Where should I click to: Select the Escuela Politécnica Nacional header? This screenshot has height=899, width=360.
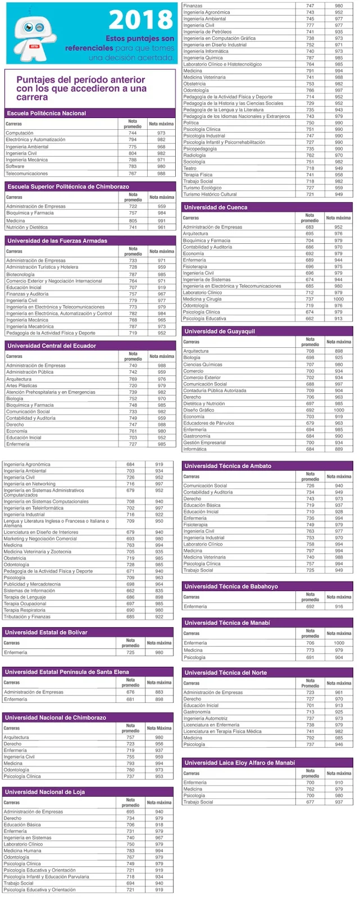[x=47, y=113]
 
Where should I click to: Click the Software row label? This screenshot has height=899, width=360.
[x=15, y=166]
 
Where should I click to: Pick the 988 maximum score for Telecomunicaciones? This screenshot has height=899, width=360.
[x=161, y=174]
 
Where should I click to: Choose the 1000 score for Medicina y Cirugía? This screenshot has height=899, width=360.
[x=339, y=299]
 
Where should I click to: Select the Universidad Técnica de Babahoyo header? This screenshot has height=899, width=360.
[x=231, y=587]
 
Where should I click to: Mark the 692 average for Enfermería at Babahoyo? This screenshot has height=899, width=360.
[x=310, y=607]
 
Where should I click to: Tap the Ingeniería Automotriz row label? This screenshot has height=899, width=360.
[x=206, y=719]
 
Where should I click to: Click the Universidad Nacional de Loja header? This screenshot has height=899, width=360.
[x=45, y=792]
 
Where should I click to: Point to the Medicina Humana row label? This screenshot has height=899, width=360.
[x=22, y=851]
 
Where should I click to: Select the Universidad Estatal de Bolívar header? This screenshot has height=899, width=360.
[x=46, y=633]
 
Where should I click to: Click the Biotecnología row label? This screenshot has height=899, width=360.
[x=20, y=274]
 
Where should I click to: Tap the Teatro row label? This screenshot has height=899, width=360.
[x=190, y=168]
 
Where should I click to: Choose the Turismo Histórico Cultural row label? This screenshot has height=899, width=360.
[x=210, y=194]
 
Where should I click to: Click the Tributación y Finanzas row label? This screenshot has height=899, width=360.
[x=27, y=616]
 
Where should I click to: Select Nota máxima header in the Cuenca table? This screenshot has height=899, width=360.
[x=338, y=218]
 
